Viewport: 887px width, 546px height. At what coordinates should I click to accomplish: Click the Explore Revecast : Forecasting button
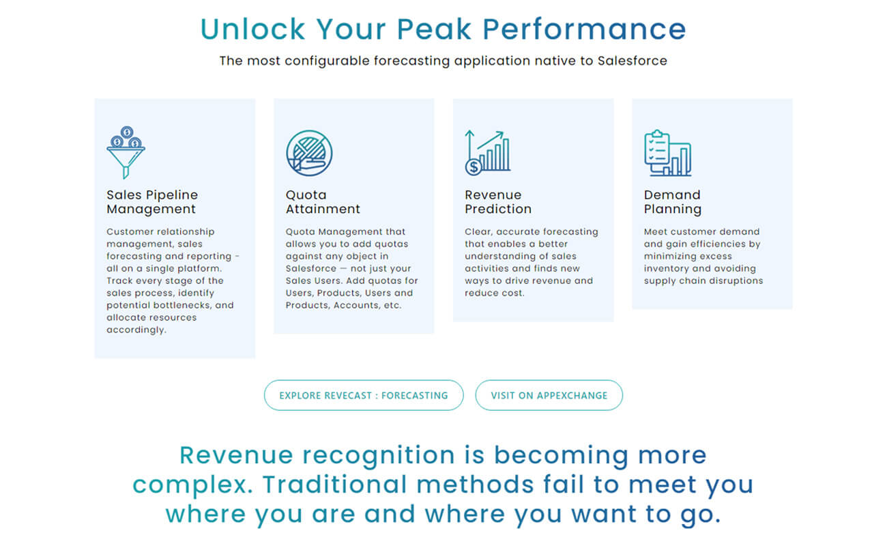click(364, 395)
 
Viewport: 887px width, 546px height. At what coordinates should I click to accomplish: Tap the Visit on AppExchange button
click(549, 395)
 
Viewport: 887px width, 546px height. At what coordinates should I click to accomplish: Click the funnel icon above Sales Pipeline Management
click(126, 153)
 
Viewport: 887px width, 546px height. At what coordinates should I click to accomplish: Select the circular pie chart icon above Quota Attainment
click(309, 154)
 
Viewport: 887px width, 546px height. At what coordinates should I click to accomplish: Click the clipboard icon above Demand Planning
click(667, 153)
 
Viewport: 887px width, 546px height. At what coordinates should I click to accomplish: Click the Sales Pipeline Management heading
click(152, 202)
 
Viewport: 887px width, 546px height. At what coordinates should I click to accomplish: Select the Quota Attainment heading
click(323, 202)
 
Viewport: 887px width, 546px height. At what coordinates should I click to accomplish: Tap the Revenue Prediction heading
click(498, 202)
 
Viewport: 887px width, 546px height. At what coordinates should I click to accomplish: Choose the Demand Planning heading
click(672, 202)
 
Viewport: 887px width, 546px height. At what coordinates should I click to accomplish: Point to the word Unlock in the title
click(252, 29)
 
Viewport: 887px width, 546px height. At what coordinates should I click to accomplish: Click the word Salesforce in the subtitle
click(632, 61)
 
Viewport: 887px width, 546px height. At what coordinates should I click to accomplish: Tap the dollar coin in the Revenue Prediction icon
click(474, 167)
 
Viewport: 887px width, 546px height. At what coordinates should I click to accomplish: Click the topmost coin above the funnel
click(127, 132)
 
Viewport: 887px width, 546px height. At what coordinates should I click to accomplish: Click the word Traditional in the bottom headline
click(335, 484)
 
